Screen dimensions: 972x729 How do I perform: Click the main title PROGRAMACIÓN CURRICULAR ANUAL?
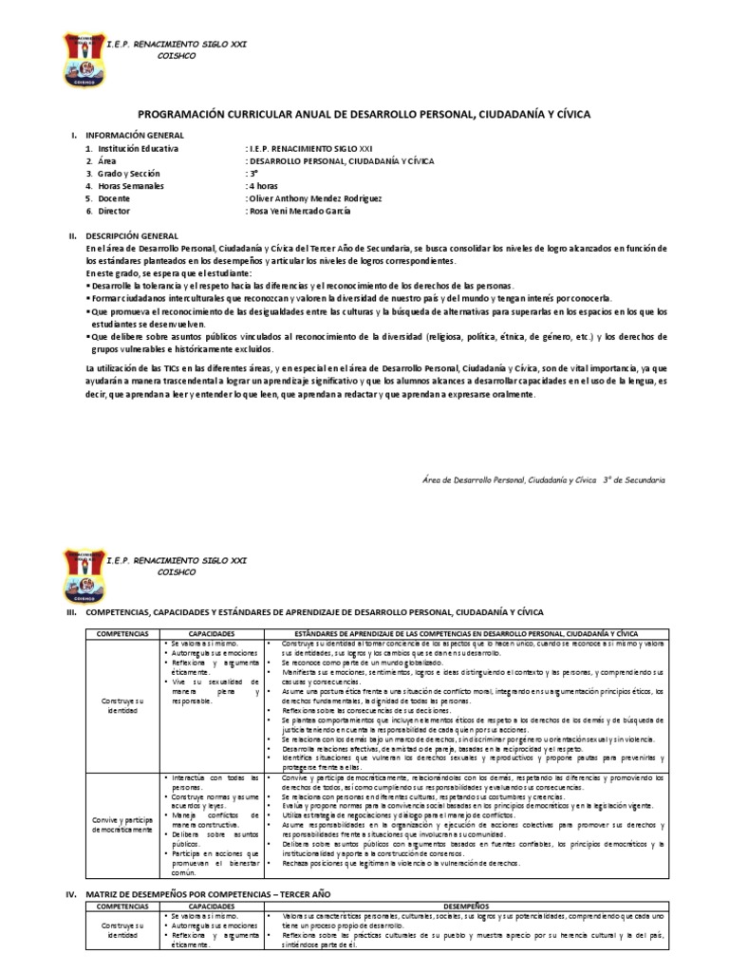pos(364,114)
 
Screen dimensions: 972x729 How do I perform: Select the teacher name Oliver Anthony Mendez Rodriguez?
pos(313,198)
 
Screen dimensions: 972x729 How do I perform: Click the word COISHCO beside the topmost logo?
pos(180,55)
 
